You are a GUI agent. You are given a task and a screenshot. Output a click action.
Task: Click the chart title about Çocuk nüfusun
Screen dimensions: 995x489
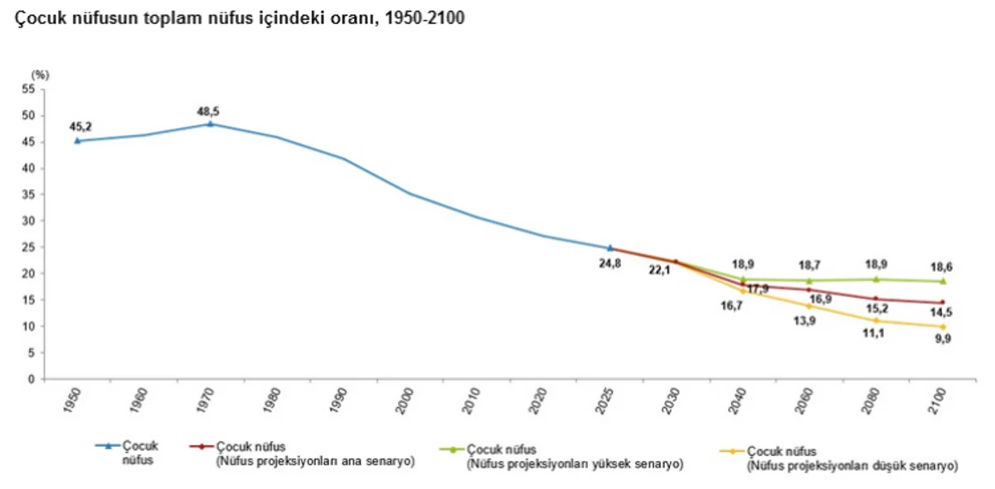point(240,18)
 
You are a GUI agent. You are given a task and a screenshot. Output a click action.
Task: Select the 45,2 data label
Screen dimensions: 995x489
point(80,127)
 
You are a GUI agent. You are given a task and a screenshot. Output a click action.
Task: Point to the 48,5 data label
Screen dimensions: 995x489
point(208,112)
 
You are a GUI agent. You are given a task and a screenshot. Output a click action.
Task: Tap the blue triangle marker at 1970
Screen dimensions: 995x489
point(211,124)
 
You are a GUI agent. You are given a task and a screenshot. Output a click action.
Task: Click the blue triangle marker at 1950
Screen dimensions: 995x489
point(77,141)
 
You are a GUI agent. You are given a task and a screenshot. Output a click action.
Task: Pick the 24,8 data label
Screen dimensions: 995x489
point(610,264)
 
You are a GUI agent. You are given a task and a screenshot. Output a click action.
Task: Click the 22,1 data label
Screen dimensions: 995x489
point(660,269)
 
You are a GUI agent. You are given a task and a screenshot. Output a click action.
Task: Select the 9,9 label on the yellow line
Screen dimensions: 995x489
point(943,339)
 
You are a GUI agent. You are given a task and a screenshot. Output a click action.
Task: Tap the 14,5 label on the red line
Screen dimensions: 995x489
point(941,312)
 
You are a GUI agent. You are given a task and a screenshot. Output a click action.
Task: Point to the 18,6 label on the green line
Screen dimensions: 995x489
point(941,267)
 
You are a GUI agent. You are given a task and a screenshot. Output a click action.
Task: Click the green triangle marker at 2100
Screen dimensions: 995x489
point(943,281)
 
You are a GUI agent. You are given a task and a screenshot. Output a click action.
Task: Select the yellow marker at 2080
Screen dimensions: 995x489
point(876,320)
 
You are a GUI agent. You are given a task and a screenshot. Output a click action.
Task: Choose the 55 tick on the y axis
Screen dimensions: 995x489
point(28,90)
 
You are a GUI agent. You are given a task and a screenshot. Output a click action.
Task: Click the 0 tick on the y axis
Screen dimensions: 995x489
point(32,380)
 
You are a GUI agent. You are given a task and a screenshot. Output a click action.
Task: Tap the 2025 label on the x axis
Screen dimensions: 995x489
point(604,401)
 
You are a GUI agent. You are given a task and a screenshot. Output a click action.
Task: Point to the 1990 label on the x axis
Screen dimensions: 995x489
point(338,400)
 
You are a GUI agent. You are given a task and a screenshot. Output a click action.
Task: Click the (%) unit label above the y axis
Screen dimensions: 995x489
point(40,75)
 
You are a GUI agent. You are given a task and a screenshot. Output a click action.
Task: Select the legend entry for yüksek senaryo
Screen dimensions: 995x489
point(561,457)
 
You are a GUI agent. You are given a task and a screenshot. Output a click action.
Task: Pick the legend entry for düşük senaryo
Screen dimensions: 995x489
point(839,459)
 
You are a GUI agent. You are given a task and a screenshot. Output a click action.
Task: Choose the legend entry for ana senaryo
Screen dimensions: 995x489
point(302,454)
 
